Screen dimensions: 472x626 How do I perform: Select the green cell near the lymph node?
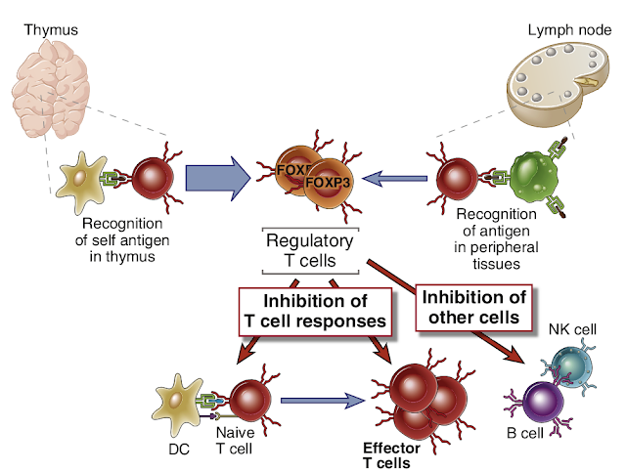coord(529,177)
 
